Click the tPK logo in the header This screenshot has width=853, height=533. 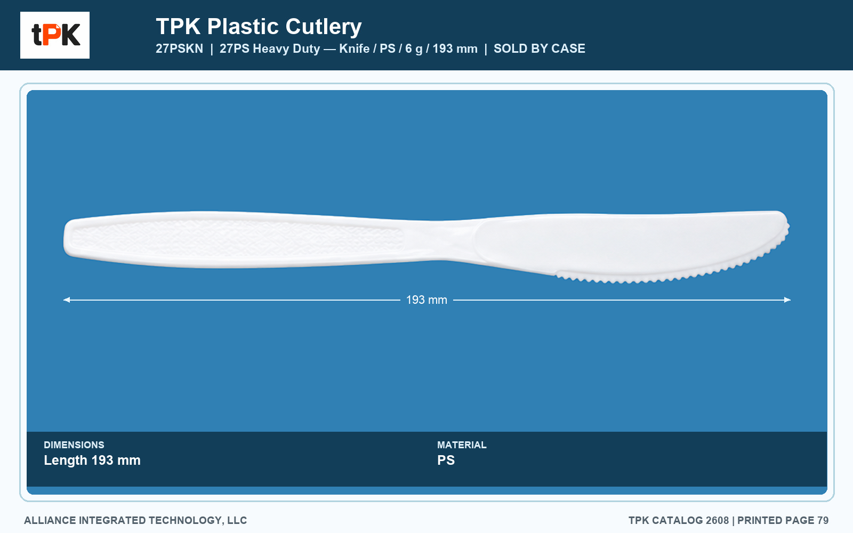[x=55, y=35]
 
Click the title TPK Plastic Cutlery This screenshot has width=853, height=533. [x=259, y=27]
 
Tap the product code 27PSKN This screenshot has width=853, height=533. [x=179, y=49]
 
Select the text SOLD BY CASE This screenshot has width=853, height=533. [x=539, y=49]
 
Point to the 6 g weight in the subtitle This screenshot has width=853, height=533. [x=414, y=49]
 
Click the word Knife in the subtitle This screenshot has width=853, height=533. [x=354, y=49]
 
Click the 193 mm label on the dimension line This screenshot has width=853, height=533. [x=426, y=300]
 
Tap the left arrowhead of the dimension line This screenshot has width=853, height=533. [x=66, y=300]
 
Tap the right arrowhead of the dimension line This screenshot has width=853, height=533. [x=787, y=300]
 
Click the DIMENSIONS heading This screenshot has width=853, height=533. [x=74, y=445]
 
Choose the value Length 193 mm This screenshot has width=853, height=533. [x=92, y=461]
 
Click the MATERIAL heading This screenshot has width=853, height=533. [x=462, y=445]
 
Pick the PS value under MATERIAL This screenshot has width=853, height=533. [x=446, y=461]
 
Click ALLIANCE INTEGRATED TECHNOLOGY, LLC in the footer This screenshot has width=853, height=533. [x=135, y=520]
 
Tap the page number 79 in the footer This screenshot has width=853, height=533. [x=823, y=520]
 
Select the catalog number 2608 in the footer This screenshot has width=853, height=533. [x=717, y=520]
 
